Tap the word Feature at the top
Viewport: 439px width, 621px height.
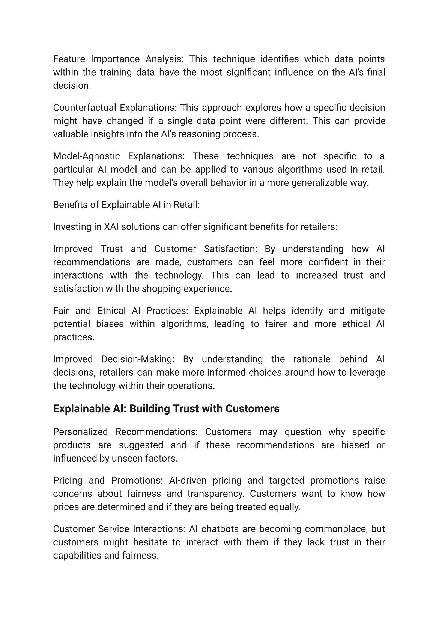(69, 59)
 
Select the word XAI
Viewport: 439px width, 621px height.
(111, 227)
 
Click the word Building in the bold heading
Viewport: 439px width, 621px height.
(149, 409)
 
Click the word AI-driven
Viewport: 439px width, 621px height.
(188, 480)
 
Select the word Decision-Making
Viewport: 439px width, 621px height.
(138, 359)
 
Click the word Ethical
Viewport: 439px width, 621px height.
(111, 311)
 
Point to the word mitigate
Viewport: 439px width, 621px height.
(367, 311)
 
